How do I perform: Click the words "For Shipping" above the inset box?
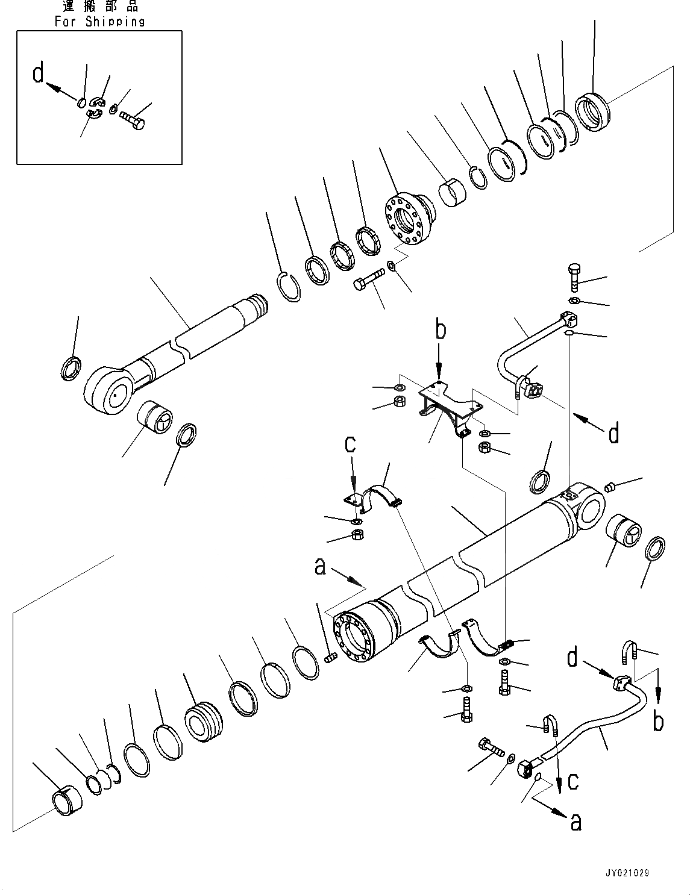click(x=99, y=21)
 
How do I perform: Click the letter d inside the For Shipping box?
click(x=39, y=74)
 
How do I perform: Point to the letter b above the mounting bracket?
click(x=441, y=332)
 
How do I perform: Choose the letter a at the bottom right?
click(x=576, y=822)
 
